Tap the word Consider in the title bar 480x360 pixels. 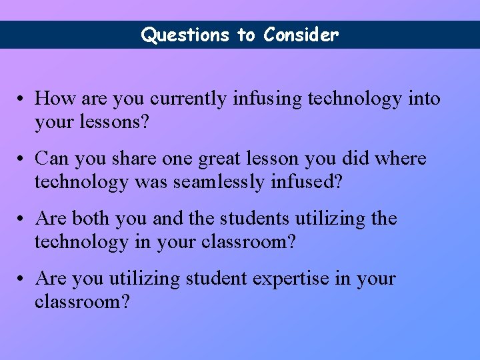[301, 35]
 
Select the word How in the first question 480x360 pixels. [55, 99]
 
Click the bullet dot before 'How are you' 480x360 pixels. [22, 100]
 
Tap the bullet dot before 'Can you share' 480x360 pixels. [22, 160]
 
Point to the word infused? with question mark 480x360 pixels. [307, 182]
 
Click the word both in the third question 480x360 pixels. [91, 219]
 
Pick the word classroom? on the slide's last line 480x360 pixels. [82, 302]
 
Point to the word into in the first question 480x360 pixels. [425, 99]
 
